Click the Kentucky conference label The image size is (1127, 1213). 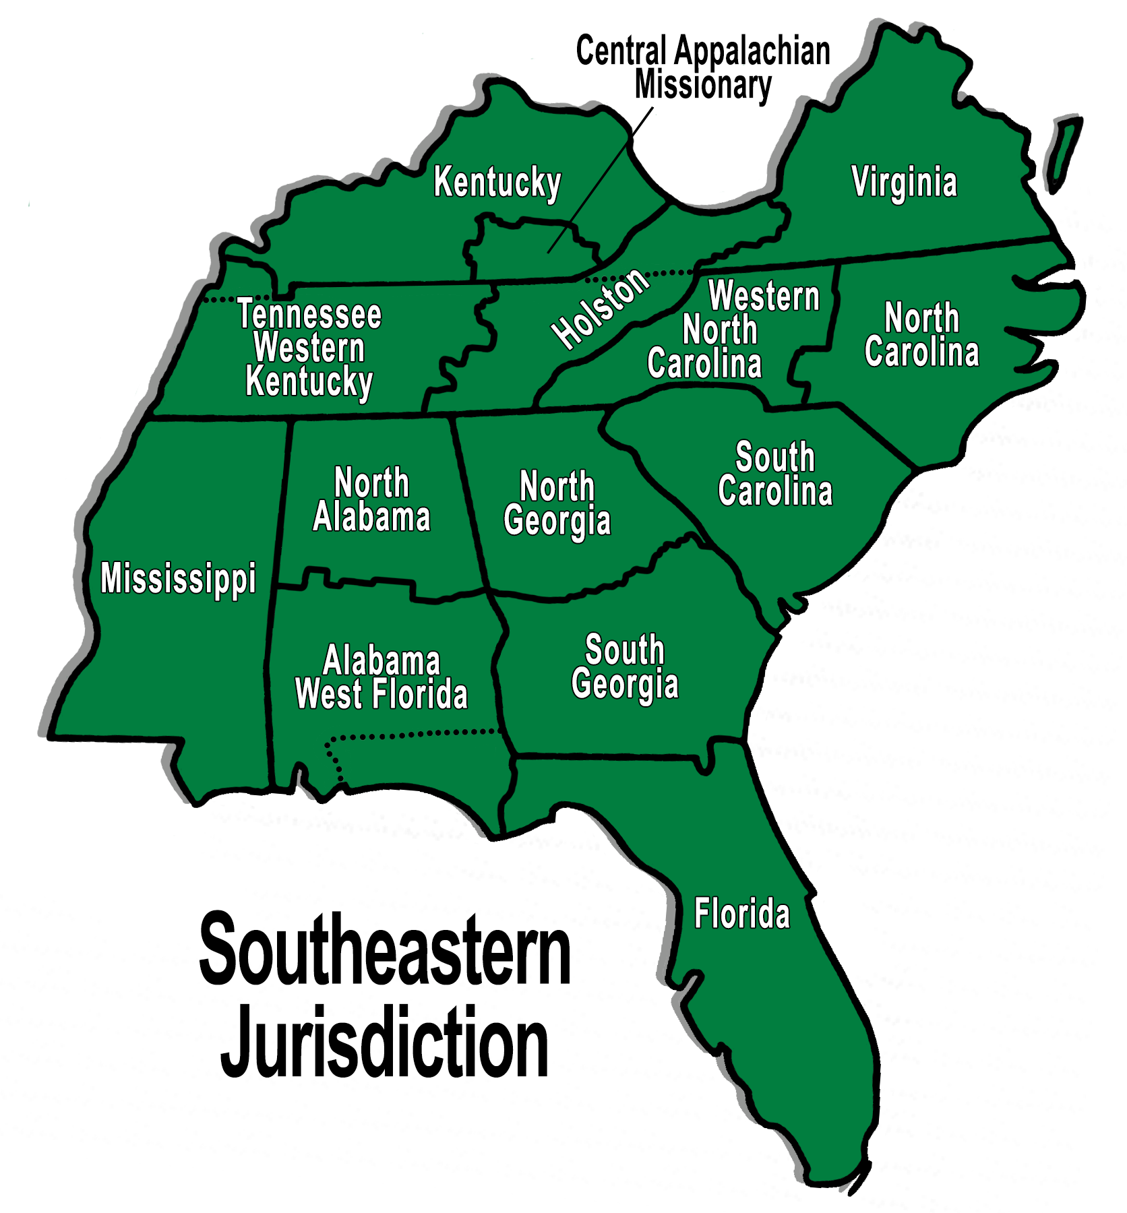click(x=497, y=182)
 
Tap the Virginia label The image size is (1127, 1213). click(x=904, y=182)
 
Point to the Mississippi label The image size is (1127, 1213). click(x=178, y=578)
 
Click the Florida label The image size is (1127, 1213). click(x=741, y=914)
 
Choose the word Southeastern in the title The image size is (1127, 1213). click(x=385, y=950)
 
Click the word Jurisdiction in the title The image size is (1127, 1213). click(x=385, y=1042)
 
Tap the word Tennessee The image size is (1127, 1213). click(x=309, y=314)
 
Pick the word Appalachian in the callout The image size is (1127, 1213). click(x=752, y=51)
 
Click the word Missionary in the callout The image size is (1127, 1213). click(x=703, y=86)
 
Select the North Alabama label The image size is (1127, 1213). click(x=371, y=500)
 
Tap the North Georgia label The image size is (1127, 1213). click(x=557, y=503)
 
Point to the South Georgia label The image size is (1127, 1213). click(x=625, y=666)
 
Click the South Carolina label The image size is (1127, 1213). click(x=775, y=474)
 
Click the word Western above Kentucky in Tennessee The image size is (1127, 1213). click(x=309, y=348)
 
